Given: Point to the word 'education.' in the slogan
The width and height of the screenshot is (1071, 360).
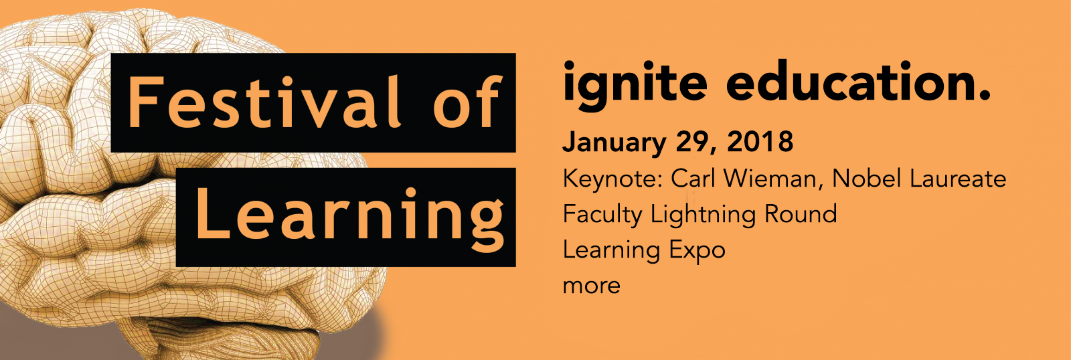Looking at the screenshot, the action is [858, 80].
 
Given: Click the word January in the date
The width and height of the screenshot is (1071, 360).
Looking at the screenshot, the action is [614, 143].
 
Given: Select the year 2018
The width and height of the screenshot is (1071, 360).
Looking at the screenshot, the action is [760, 141].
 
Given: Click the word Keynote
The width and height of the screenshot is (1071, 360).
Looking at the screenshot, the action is [613, 179].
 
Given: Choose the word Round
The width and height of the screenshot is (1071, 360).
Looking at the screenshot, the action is [801, 213].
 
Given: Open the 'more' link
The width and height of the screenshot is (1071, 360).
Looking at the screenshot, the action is [592, 286].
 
